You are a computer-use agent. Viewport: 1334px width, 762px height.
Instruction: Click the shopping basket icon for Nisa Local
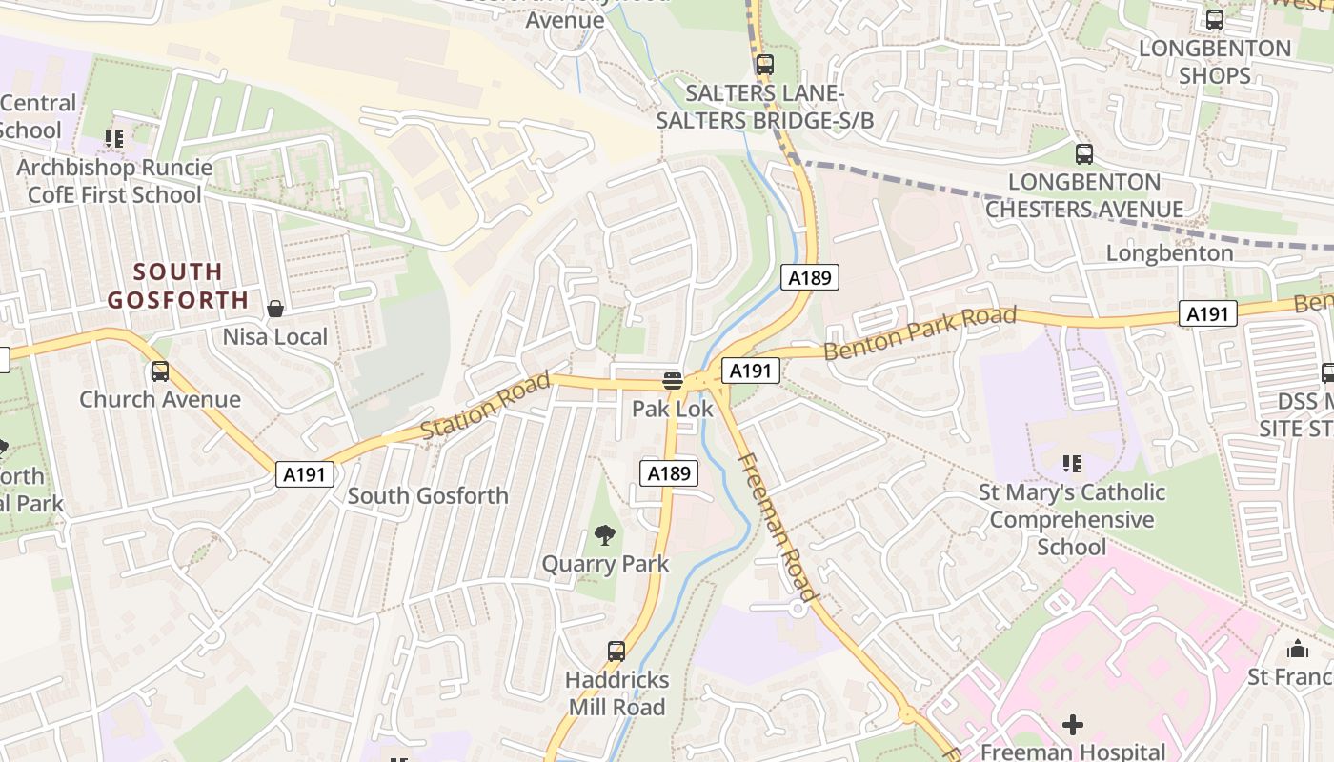click(275, 309)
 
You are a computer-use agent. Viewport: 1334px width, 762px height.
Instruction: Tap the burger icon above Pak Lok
click(673, 381)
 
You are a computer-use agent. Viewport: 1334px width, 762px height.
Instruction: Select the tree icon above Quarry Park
click(604, 535)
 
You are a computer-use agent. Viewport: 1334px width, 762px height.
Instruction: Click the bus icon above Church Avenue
click(160, 371)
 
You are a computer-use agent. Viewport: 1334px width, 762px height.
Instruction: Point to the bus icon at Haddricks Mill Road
click(616, 652)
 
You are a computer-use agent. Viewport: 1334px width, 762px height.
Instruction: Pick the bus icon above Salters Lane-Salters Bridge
click(764, 65)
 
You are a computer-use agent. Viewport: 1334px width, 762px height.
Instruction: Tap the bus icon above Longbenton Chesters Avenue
click(1083, 154)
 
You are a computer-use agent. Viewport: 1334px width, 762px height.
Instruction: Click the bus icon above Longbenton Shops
click(1215, 20)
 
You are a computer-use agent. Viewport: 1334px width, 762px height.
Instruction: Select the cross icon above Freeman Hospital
click(1073, 725)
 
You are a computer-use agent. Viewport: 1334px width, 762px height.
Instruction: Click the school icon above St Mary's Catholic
click(1072, 464)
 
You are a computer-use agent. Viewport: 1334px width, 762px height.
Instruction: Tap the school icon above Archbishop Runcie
click(114, 140)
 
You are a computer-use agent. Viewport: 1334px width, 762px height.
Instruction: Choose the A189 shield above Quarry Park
click(668, 473)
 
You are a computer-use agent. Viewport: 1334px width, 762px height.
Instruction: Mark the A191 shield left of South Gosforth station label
click(305, 474)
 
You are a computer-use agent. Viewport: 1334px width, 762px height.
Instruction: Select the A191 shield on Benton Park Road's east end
click(1207, 313)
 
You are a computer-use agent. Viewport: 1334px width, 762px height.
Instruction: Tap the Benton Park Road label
click(920, 333)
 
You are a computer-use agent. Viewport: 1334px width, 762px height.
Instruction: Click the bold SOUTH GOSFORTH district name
click(178, 286)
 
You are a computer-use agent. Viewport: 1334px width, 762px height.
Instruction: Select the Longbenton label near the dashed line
click(1169, 253)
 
